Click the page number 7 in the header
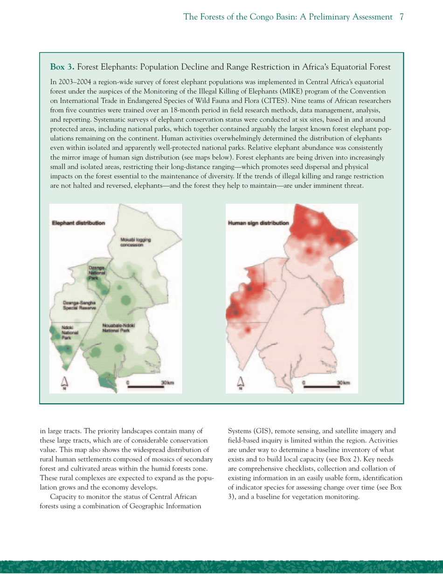[x=401, y=17]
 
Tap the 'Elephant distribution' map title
[x=78, y=223]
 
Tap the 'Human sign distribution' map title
[x=258, y=223]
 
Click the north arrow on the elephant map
[x=65, y=383]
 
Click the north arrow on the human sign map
[x=241, y=383]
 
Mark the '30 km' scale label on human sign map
[x=343, y=383]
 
